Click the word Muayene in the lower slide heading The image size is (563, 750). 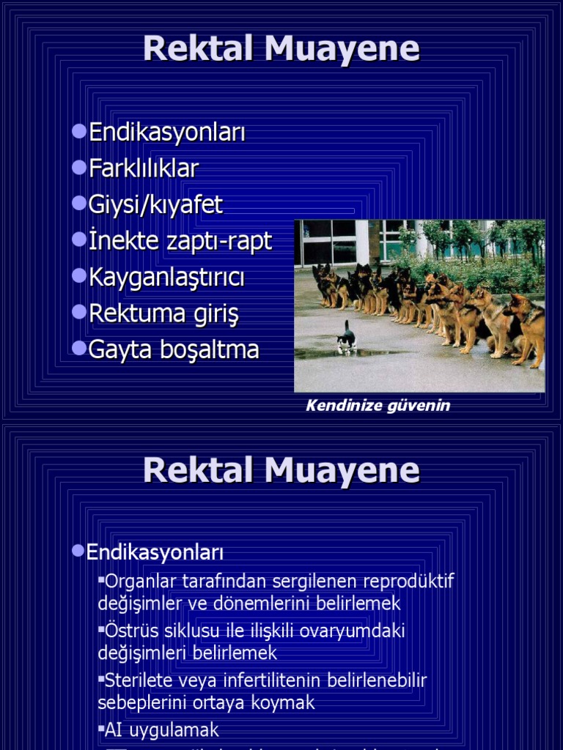pos(342,469)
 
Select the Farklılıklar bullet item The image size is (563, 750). pos(144,168)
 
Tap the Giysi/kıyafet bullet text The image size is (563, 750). pos(155,204)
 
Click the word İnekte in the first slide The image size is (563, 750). pos(119,240)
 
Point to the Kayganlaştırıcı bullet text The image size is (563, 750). pos(166,277)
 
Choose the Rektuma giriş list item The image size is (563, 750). pos(163,313)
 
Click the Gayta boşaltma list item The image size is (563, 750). pos(174,349)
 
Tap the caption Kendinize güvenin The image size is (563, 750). pos(378,405)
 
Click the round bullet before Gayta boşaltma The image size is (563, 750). pos(79,347)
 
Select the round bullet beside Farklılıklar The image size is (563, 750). pos(79,166)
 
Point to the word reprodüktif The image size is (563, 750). pos(408,582)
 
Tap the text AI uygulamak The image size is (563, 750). pos(162,730)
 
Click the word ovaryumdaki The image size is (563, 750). pos(355,631)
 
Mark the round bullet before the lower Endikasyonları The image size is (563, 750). pos(78,550)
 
